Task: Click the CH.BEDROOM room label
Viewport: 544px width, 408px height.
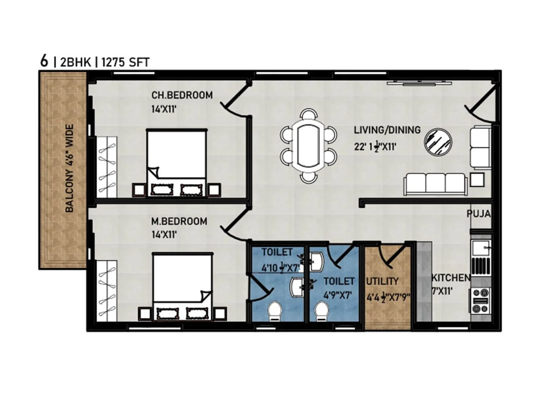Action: [x=182, y=95]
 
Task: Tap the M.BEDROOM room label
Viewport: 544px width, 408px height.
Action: [x=179, y=221]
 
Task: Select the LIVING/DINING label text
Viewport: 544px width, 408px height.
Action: [x=387, y=130]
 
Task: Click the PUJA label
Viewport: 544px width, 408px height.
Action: [x=479, y=214]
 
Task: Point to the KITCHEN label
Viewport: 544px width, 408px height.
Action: [x=451, y=278]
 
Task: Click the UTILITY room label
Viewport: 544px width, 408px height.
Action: [x=382, y=281]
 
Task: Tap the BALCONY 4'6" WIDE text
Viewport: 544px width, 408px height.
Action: [x=69, y=168]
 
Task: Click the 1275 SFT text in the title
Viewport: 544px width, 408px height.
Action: [x=125, y=63]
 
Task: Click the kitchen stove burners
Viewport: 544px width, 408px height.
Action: [x=481, y=300]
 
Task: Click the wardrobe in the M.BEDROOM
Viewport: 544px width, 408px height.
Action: [x=107, y=291]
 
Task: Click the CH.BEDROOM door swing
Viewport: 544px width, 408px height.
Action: [x=235, y=102]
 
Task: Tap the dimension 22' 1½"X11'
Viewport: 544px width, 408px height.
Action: [x=375, y=147]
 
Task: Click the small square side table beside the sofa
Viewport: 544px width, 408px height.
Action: [x=477, y=180]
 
